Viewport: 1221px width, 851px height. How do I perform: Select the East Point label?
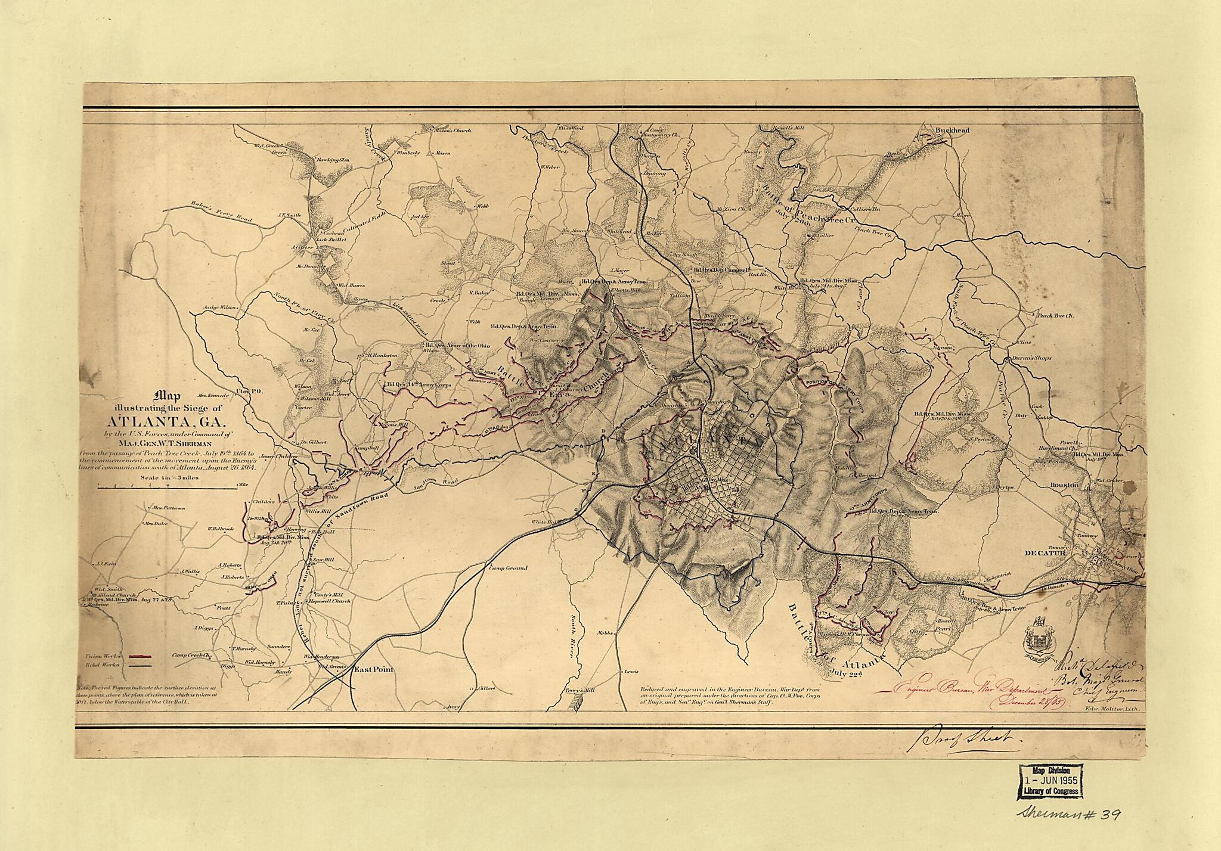[374, 670]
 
